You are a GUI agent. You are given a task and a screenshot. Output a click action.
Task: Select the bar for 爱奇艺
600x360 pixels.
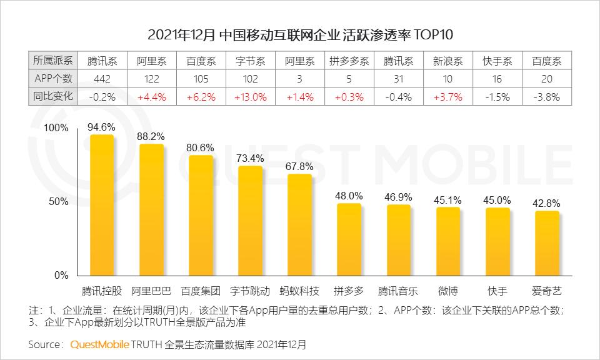tap(547, 243)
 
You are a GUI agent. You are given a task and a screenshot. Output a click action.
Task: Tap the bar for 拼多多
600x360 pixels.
tap(349, 239)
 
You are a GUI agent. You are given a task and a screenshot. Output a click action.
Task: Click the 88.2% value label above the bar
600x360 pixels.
tap(151, 135)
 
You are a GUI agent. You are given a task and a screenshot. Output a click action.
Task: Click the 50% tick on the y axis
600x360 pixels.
tap(58, 201)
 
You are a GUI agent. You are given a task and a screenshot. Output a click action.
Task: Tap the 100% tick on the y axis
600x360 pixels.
tap(56, 127)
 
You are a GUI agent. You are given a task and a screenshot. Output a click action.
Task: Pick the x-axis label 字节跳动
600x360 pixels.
tap(250, 291)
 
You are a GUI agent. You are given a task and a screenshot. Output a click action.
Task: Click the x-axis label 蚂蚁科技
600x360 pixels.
tap(299, 291)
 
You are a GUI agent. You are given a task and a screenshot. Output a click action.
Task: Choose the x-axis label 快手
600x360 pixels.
tap(497, 291)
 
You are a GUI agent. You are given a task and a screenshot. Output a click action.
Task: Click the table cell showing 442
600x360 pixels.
tap(102, 79)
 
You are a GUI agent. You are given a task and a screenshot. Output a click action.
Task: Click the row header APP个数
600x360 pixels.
tap(52, 79)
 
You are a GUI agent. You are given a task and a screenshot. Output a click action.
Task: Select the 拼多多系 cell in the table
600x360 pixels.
tap(349, 61)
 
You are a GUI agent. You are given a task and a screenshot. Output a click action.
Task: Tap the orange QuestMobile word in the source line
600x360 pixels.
tap(100, 344)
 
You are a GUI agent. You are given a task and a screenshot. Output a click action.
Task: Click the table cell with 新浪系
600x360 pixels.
tap(448, 61)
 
